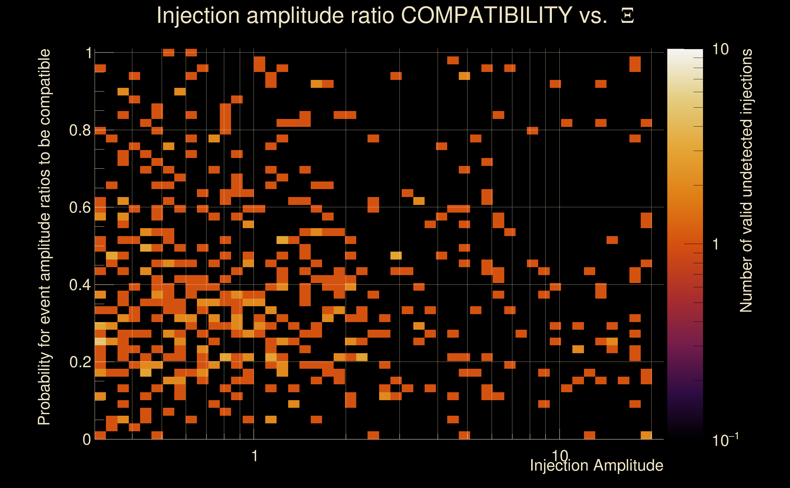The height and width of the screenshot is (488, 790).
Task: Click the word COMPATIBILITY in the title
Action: tap(486, 15)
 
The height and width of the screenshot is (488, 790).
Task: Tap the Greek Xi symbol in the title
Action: tap(627, 16)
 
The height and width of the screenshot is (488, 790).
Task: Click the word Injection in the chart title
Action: tap(198, 16)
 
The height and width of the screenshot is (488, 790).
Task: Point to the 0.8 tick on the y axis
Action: tap(80, 131)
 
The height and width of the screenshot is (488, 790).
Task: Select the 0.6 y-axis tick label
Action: tap(80, 207)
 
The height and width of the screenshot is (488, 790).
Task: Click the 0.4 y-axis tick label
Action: tap(80, 285)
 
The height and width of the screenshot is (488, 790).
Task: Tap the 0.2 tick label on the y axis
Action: tap(80, 362)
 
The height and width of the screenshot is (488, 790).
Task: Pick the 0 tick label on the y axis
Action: tap(87, 440)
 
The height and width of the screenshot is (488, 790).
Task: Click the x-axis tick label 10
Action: tap(560, 456)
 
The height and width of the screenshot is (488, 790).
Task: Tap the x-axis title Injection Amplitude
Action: tap(596, 465)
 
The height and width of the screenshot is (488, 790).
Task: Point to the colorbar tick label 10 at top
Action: tap(720, 49)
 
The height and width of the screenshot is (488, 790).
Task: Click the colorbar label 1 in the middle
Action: tap(716, 244)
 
